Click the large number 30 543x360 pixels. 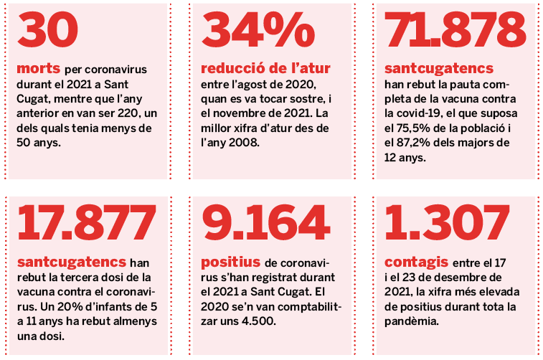coord(47,32)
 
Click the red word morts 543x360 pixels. coord(38,70)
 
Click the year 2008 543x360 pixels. coord(248,142)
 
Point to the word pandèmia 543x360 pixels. coord(412,320)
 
